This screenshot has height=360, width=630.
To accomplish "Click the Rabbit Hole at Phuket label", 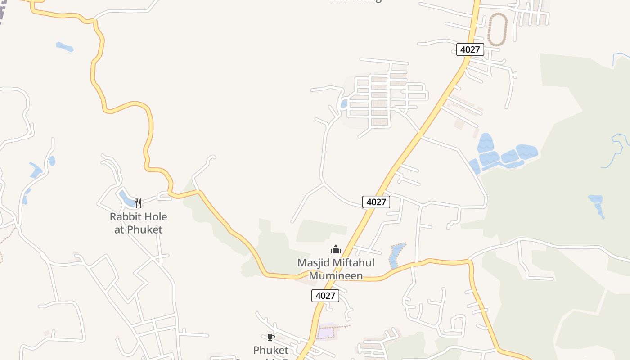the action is [138, 223].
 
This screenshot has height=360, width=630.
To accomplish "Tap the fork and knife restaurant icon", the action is [138, 203].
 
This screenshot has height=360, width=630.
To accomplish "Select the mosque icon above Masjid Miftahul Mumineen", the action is [336, 249].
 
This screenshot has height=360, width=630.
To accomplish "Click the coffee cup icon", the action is [270, 337].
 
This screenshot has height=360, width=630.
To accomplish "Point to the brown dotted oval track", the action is [497, 29].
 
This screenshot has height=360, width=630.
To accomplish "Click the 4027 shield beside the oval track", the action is [470, 49].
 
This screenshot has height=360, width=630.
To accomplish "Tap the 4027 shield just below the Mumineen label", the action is [325, 296].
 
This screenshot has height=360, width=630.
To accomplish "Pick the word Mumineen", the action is [336, 275].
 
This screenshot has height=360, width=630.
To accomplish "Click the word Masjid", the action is [313, 262].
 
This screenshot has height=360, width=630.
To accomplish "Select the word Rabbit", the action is [125, 216].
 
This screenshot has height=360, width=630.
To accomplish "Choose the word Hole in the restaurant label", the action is [154, 216].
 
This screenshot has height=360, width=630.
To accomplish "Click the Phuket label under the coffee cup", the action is [270, 350].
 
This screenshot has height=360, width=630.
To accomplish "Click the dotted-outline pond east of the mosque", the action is [396, 255].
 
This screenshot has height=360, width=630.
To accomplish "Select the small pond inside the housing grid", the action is [344, 104].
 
